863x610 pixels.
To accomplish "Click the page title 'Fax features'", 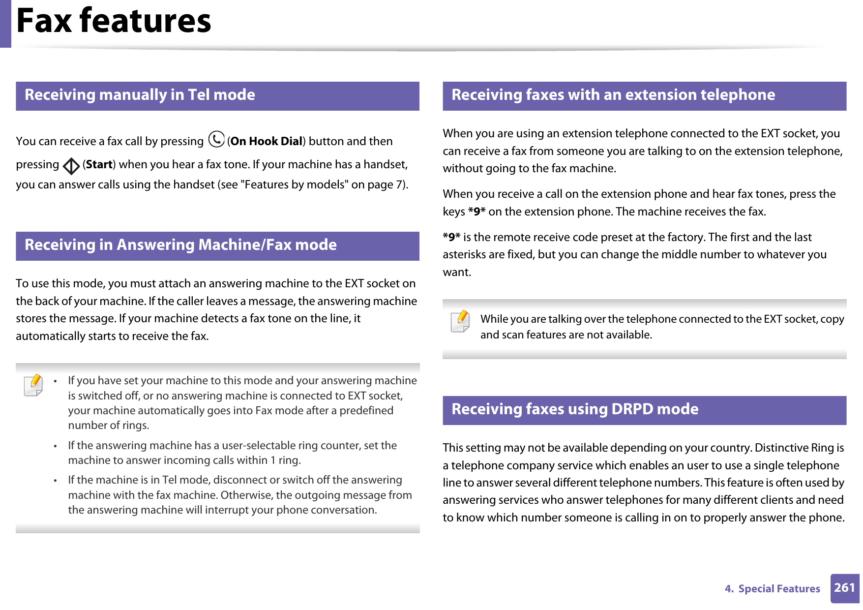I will [x=114, y=21].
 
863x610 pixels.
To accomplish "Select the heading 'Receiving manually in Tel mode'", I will [x=140, y=95].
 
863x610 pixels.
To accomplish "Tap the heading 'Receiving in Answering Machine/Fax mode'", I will [x=180, y=245].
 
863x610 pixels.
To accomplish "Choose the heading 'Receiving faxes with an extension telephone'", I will [x=613, y=95].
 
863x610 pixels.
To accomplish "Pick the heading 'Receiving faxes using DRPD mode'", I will [x=574, y=409].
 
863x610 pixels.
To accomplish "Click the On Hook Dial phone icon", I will [x=216, y=140].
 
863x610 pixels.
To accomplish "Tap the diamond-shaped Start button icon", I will [x=71, y=166].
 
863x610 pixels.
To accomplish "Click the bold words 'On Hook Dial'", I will [x=266, y=142].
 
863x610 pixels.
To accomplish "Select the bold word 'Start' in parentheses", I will [x=99, y=165].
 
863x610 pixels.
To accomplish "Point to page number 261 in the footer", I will [x=844, y=588].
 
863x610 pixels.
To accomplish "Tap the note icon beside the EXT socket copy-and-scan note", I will [x=460, y=322].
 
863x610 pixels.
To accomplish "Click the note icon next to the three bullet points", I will [x=33, y=385].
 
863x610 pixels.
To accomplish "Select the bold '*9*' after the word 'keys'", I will [x=476, y=212].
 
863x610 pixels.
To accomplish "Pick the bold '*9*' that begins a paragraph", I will [x=451, y=238].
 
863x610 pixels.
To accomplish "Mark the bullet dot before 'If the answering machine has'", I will [x=57, y=446].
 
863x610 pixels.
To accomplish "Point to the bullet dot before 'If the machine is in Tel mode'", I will [x=57, y=481].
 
